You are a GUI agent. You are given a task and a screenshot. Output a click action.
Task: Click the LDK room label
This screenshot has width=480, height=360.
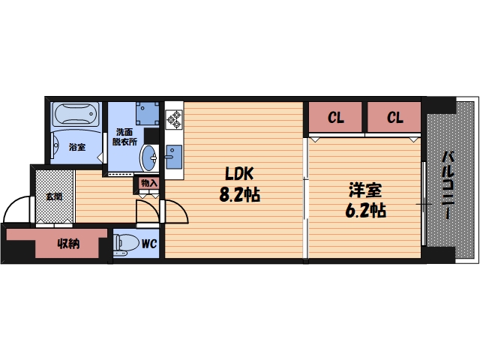pyautogui.click(x=239, y=173)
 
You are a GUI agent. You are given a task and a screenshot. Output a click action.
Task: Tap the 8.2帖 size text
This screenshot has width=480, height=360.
pyautogui.click(x=240, y=194)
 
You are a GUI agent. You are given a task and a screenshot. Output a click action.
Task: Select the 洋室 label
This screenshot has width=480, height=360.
pyautogui.click(x=365, y=190)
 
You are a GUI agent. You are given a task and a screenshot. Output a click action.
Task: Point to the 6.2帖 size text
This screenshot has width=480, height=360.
pyautogui.click(x=365, y=210)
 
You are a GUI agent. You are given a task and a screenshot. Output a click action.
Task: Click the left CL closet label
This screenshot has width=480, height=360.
pyautogui.click(x=336, y=117)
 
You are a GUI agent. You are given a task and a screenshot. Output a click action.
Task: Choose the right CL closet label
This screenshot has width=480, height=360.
pyautogui.click(x=395, y=117)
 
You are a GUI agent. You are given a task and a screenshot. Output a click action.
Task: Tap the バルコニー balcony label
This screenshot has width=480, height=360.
pyautogui.click(x=448, y=185)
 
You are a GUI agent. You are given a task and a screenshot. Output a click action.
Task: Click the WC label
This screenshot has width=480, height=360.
pyautogui.click(x=149, y=244)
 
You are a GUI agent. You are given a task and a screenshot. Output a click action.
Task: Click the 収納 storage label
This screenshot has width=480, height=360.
pyautogui.click(x=68, y=244)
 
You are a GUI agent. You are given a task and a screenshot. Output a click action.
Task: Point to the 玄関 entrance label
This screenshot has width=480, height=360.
pyautogui.click(x=54, y=196)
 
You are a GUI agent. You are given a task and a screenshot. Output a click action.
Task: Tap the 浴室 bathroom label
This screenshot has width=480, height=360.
pyautogui.click(x=77, y=147)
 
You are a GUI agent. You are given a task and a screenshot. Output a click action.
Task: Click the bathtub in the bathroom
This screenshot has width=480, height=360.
pyautogui.click(x=76, y=114)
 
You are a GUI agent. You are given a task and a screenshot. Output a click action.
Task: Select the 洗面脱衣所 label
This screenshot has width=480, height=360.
pyautogui.click(x=124, y=136)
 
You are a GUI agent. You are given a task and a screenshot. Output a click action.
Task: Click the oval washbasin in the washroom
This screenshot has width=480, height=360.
pyautogui.click(x=149, y=158)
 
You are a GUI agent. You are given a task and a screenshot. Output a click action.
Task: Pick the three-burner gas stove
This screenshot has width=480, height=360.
pyautogui.click(x=174, y=120)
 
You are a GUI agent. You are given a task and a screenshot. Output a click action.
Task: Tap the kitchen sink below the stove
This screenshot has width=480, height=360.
pyautogui.click(x=174, y=157)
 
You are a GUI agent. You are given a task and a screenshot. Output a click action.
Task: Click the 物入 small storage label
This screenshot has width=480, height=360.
pyautogui.click(x=149, y=183)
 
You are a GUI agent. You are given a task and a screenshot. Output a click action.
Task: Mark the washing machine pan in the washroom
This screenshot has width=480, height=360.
pyautogui.click(x=148, y=113)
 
